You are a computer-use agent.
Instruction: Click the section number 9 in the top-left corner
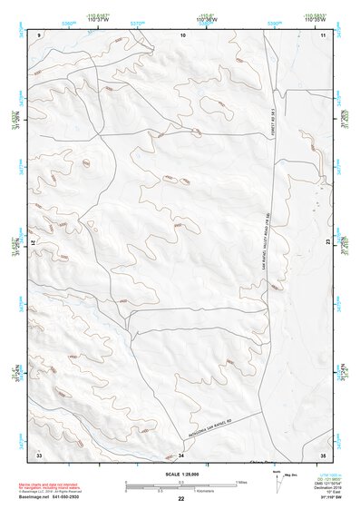pos(39,34)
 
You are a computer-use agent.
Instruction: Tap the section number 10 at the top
pos(183,34)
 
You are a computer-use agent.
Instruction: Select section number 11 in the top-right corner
pos(323,34)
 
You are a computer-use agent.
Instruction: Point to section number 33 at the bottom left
pos(39,453)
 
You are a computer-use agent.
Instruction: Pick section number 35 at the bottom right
pos(323,453)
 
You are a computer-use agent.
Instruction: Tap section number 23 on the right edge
pos(327,241)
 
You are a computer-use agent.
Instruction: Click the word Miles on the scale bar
pos(242,481)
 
